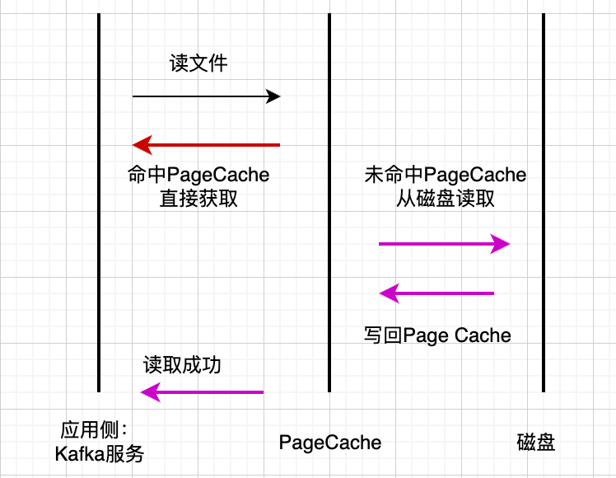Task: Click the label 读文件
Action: [198, 63]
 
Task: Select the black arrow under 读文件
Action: [206, 96]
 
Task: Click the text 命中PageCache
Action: [198, 175]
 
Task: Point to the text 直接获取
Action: [198, 198]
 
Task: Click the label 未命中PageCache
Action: [445, 175]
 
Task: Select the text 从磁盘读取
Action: [445, 198]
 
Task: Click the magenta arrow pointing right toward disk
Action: [445, 243]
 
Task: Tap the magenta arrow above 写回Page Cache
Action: [436, 293]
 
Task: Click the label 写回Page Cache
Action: [437, 335]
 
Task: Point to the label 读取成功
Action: [182, 365]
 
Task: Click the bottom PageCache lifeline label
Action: [330, 443]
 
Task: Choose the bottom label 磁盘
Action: [536, 443]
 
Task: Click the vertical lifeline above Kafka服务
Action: [99, 247]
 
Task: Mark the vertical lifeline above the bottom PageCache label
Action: [329, 247]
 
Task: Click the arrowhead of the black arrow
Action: [273, 96]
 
